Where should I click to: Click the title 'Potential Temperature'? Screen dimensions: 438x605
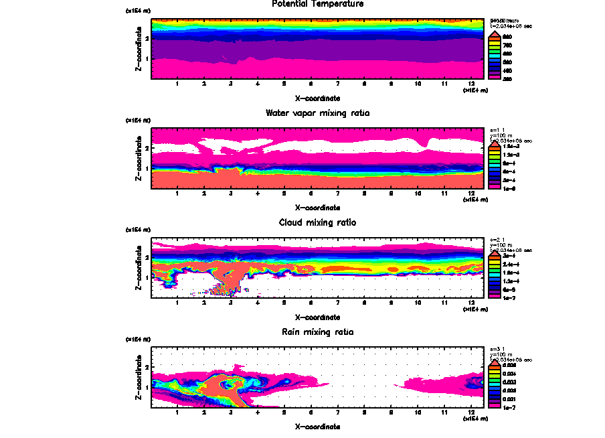pos(318,4)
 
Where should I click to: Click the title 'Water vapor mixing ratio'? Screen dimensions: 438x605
pos(318,113)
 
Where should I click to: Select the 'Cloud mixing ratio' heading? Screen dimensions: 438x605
pos(318,222)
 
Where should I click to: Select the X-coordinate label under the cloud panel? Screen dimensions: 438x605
pos(318,317)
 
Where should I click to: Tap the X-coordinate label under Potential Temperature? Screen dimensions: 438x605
pos(318,98)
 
